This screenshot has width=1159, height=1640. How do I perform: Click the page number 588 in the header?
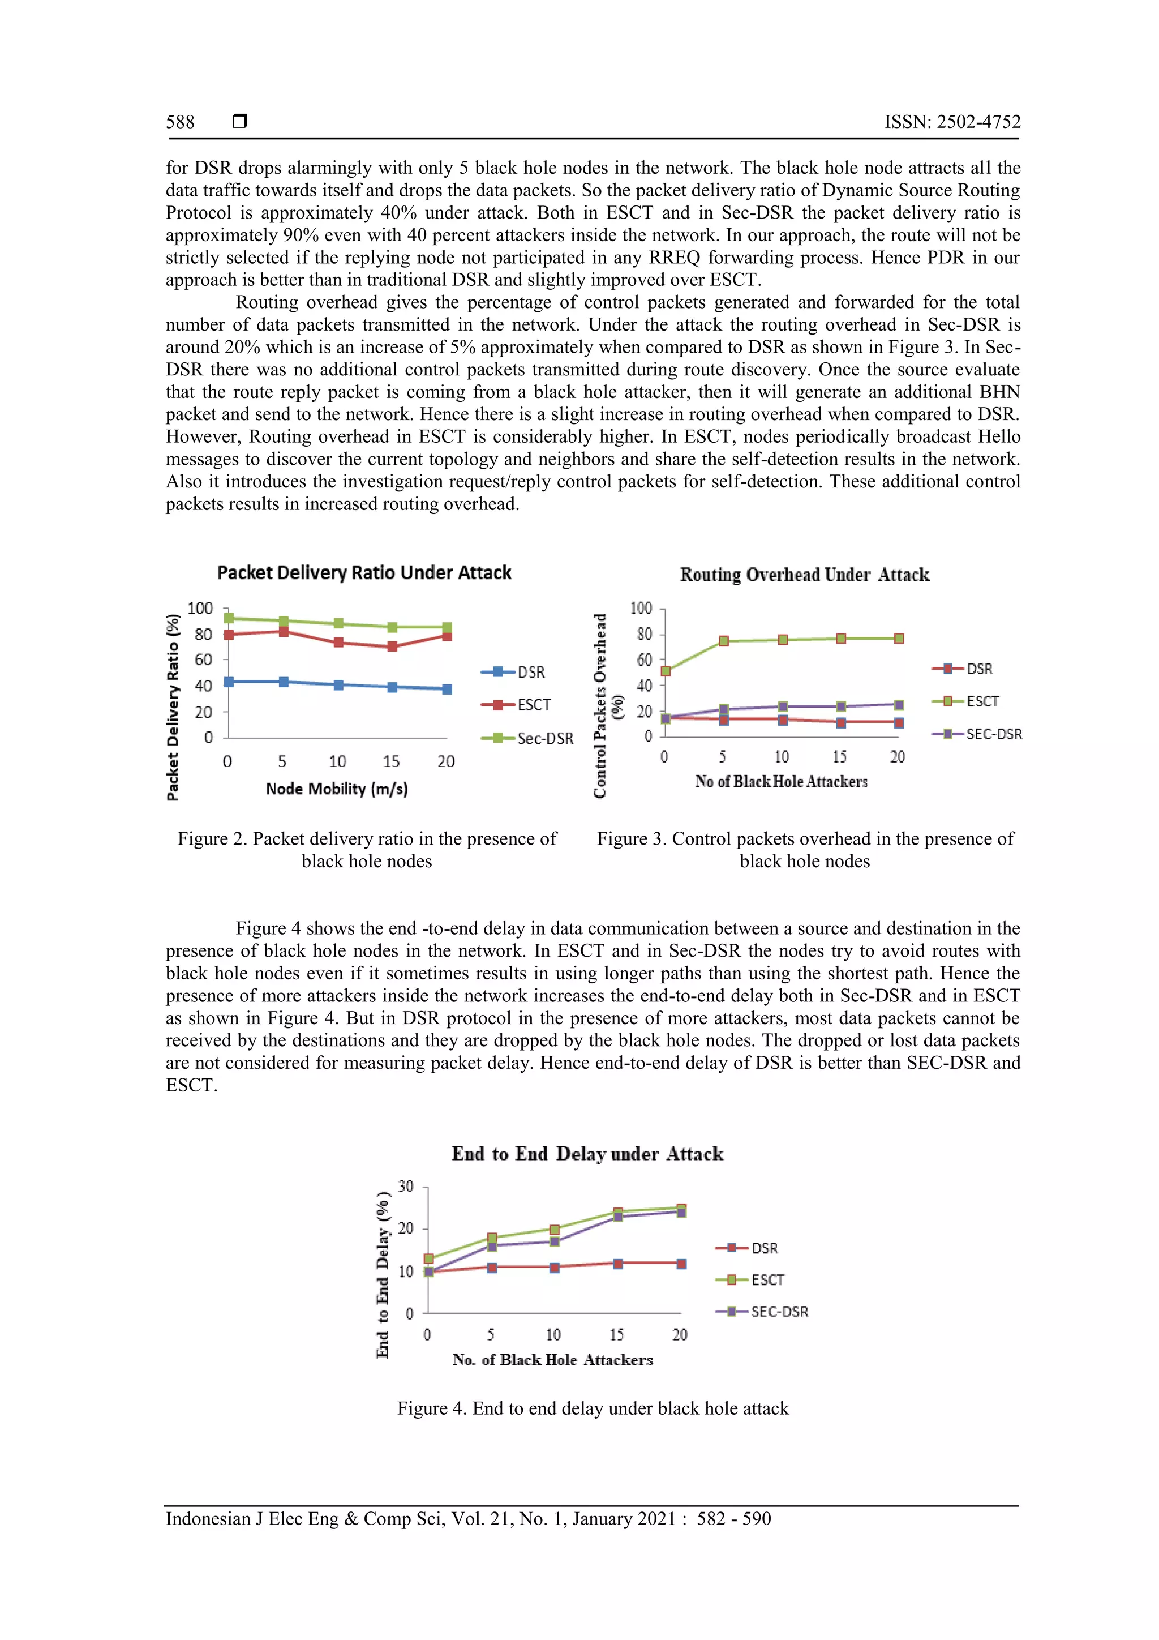(180, 122)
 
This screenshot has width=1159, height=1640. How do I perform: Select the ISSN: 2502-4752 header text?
(952, 122)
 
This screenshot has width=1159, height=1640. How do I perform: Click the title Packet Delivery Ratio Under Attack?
(364, 573)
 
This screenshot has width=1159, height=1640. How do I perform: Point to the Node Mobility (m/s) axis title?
(336, 789)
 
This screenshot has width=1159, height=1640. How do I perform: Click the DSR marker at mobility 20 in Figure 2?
(447, 690)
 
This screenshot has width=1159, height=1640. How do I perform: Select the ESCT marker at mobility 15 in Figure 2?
(392, 646)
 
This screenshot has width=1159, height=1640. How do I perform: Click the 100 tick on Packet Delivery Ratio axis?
(200, 608)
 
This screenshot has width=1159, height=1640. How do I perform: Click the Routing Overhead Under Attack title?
(804, 575)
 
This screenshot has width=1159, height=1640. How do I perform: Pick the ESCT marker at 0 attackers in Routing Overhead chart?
(666, 671)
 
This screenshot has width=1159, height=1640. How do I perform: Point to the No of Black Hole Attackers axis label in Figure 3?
(780, 781)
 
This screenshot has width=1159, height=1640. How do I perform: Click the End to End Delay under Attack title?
(587, 1154)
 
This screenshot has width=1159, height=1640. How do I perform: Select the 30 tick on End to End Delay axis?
(406, 1187)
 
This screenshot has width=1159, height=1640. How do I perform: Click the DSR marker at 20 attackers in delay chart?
(681, 1264)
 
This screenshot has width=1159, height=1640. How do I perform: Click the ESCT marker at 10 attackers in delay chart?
(554, 1230)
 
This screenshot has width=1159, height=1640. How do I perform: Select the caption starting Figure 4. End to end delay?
(593, 1408)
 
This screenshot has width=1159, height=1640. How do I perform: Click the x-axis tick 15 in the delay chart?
(616, 1334)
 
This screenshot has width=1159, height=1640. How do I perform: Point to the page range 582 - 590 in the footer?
(733, 1519)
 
